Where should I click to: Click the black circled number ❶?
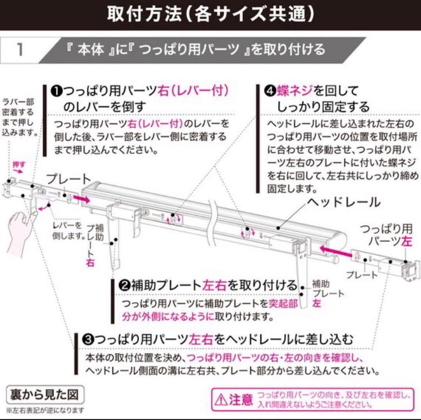click(55, 91)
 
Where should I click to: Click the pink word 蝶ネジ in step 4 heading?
click(295, 91)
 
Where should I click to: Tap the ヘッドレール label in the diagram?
click(343, 202)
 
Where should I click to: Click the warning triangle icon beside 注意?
click(221, 399)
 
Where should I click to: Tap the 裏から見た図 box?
click(42, 394)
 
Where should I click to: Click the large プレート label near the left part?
click(68, 180)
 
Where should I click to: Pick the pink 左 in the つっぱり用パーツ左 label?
click(407, 241)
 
